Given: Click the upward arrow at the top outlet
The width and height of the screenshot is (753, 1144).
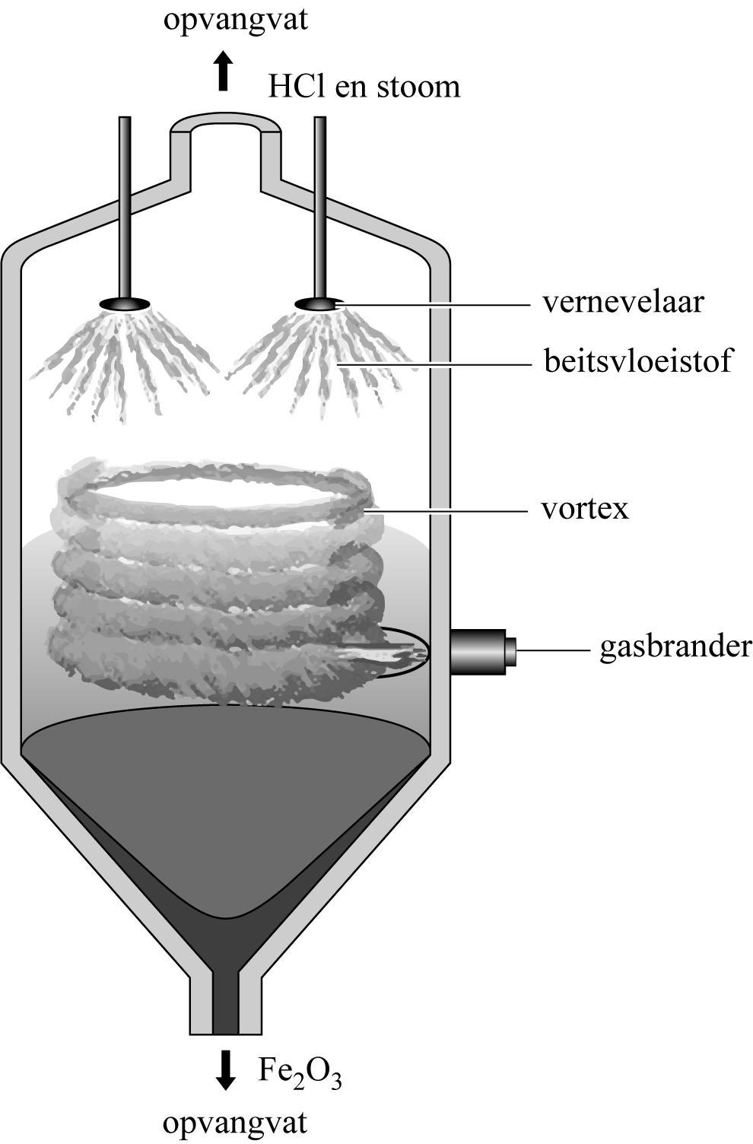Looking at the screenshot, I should [222, 71].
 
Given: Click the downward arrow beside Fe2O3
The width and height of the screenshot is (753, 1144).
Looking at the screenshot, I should [224, 1069].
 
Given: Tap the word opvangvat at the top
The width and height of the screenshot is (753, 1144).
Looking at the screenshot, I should [236, 20].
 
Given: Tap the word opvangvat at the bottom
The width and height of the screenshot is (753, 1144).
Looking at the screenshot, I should [236, 1123].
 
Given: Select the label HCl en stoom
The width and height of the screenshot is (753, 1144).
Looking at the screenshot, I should [364, 87].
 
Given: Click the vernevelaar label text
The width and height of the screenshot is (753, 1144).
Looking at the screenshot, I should [623, 302].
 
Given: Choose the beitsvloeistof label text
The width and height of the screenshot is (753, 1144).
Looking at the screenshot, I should [637, 360].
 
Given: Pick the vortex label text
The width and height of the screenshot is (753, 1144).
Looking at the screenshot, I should [585, 507].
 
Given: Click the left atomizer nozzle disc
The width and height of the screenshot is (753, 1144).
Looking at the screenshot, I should [124, 303].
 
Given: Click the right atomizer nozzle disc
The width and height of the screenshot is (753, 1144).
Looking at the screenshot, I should [319, 303].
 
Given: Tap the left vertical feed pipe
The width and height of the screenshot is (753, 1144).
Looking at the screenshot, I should [125, 205].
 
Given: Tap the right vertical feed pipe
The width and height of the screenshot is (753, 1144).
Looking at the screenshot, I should [320, 205].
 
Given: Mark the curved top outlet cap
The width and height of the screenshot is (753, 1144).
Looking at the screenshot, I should [224, 122].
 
